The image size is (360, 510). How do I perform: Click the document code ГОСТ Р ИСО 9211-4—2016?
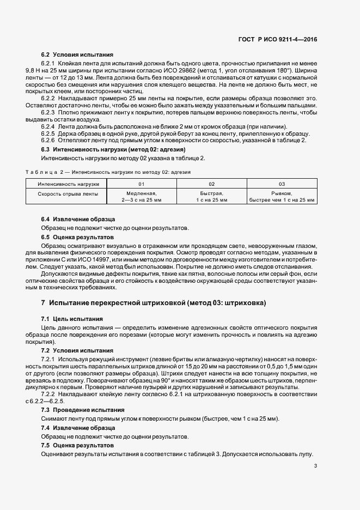(x=278, y=39)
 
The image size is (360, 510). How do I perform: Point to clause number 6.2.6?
(x=51, y=141)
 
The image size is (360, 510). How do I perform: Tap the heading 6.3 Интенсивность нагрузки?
(x=113, y=149)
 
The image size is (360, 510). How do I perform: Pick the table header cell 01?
(x=142, y=184)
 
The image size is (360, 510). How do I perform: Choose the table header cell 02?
(x=212, y=184)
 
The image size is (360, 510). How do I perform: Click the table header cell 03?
(x=282, y=184)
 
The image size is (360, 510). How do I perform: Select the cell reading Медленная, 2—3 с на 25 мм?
(x=142, y=196)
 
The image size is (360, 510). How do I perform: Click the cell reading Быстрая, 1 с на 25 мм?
(x=212, y=196)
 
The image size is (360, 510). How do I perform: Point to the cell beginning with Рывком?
(x=282, y=196)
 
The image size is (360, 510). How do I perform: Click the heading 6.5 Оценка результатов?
(x=78, y=238)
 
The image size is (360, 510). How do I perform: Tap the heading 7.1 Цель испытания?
(x=72, y=318)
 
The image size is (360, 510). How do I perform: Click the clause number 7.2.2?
(x=51, y=393)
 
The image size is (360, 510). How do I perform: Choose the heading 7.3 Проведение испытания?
(x=83, y=409)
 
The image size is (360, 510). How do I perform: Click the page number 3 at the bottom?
(x=315, y=465)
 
